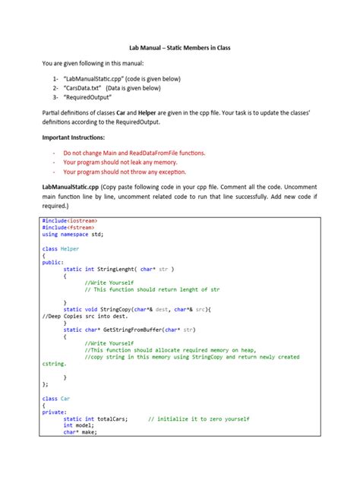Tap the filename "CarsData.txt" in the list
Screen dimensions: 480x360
tap(87, 88)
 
